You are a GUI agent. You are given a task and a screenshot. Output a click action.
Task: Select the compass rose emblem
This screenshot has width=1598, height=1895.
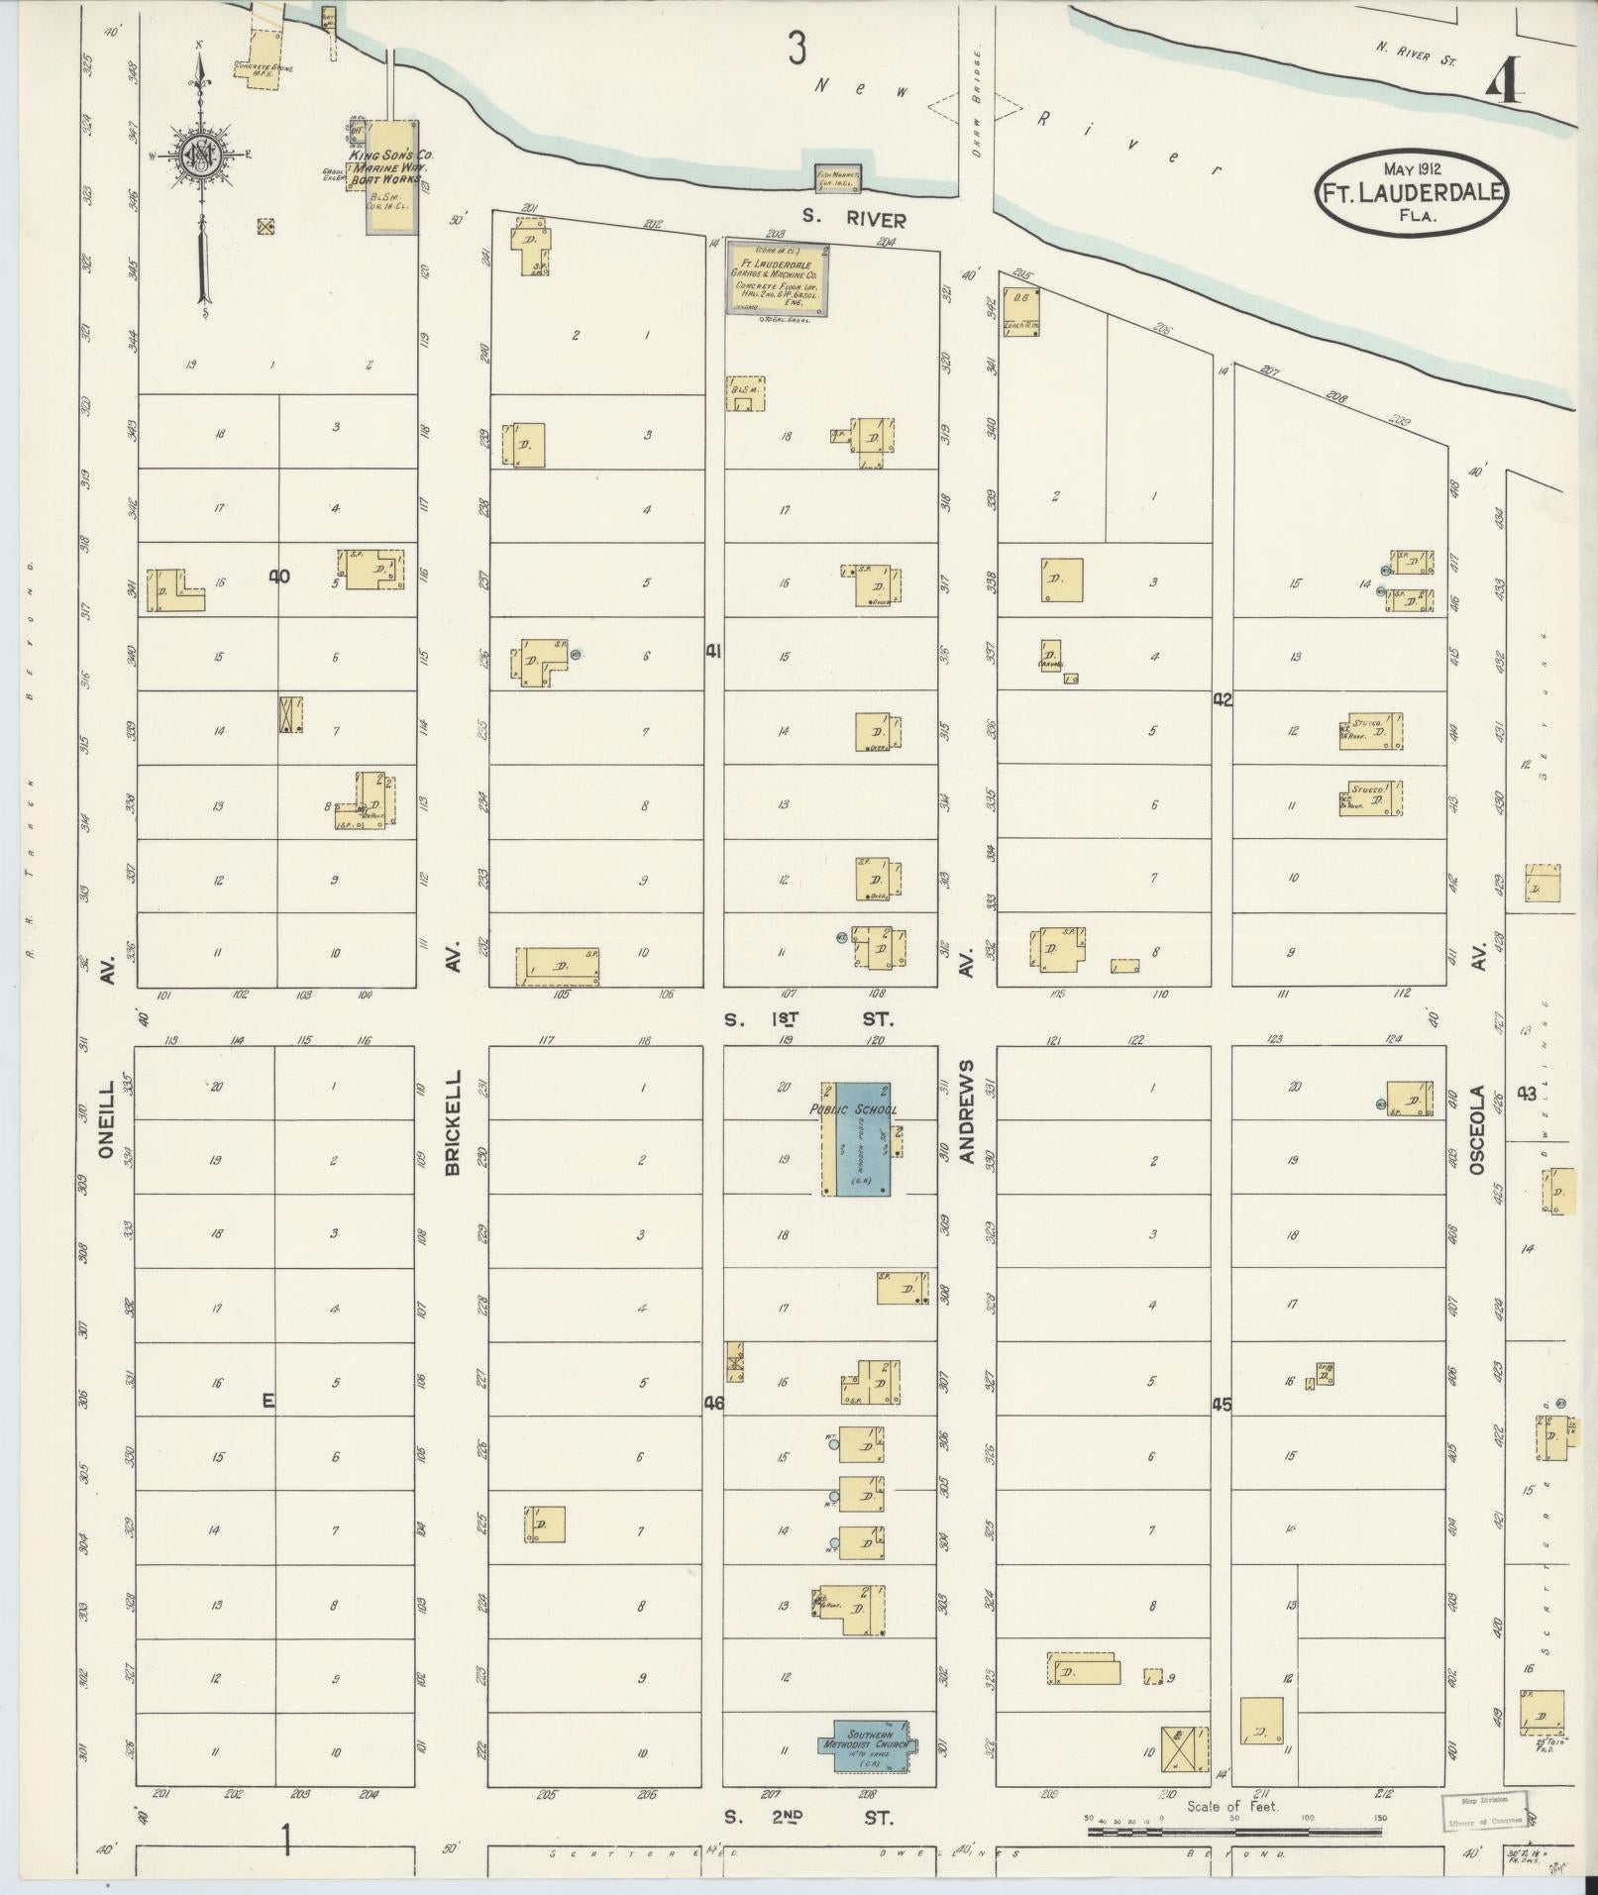(x=203, y=155)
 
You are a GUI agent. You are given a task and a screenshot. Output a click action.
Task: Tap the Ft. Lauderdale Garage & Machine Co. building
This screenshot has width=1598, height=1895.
(x=778, y=277)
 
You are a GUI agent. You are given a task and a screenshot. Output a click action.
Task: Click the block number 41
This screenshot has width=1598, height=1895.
(x=713, y=651)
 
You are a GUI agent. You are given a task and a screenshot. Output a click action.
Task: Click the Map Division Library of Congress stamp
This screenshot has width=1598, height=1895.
(x=1479, y=1809)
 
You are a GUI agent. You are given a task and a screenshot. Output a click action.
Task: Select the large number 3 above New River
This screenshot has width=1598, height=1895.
(x=797, y=48)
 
